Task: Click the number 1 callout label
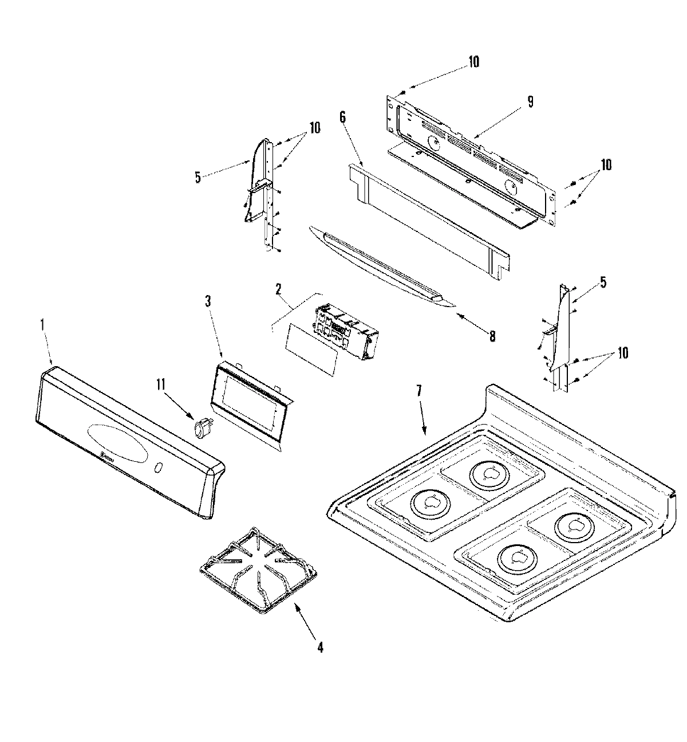(42, 324)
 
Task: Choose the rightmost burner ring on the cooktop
(572, 524)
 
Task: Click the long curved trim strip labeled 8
(378, 264)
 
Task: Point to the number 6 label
(342, 117)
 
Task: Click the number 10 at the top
(473, 62)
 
